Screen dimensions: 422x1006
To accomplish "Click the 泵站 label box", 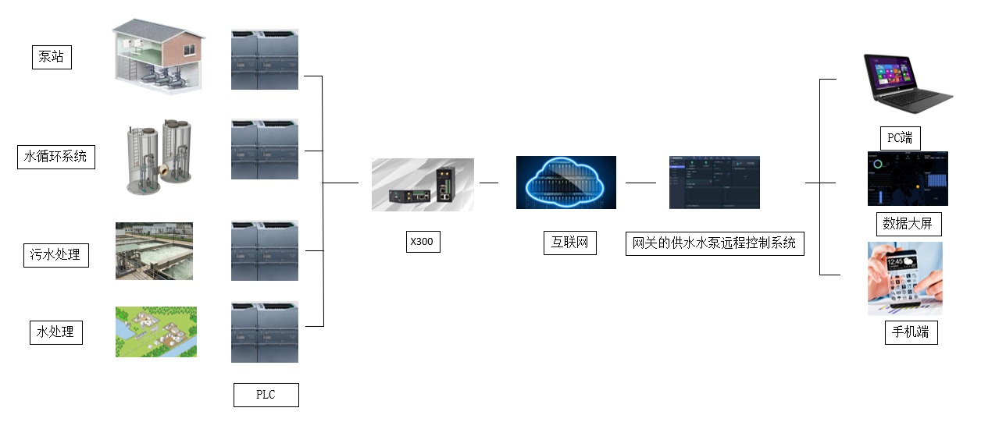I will coord(52,56).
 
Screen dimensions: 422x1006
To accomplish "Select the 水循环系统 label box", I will coord(56,157).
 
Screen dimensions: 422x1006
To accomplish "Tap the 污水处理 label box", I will coord(55,254).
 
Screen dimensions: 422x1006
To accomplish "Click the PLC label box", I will coord(266,394).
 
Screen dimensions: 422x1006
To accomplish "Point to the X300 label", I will coord(423,242).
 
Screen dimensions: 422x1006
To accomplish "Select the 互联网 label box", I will coord(569,243).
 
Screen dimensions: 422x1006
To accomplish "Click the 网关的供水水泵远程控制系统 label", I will coord(715,243).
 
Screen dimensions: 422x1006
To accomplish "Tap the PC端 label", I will coord(900,139).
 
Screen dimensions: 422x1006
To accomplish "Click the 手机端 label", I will coord(911,332).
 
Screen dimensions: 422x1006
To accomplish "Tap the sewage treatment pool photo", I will coord(154,251).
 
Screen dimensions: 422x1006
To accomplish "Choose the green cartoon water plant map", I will coord(156,332).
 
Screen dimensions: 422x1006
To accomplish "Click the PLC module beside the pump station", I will coord(265,59).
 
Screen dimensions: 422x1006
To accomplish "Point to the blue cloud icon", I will coord(565,183).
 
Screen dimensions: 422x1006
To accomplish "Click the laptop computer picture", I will coord(906,79).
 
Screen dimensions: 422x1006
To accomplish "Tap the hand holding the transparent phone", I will coord(904,278).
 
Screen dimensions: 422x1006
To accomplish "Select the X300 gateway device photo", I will coord(423,185).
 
